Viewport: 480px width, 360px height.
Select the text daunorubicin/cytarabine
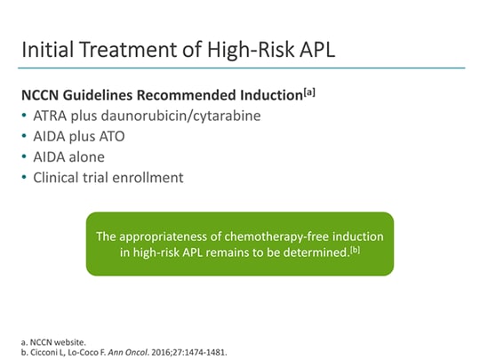pos(173,116)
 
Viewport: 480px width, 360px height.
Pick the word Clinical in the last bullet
pos(61,177)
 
